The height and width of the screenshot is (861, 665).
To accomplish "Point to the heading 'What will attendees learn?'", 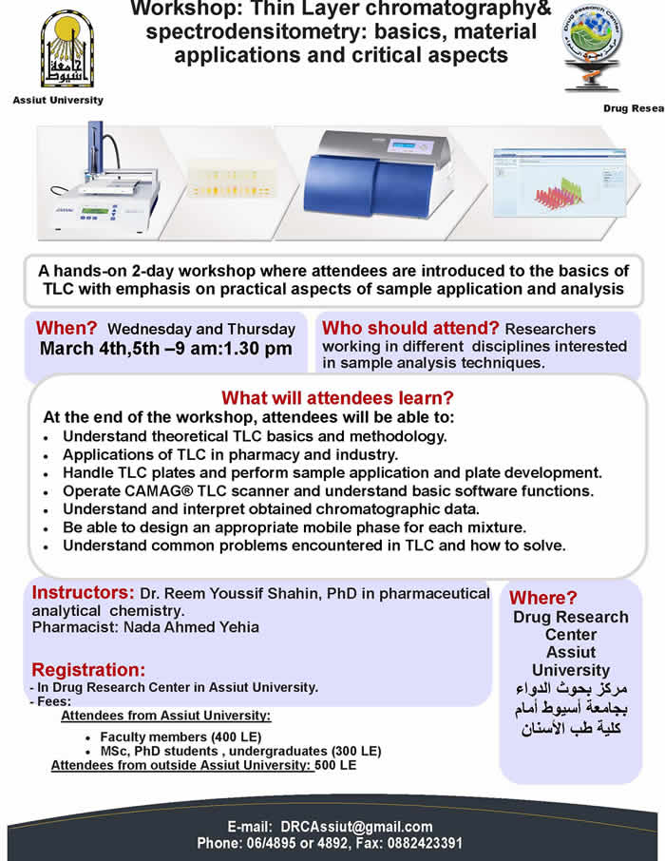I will (337, 398).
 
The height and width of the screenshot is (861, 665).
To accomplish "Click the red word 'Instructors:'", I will (84, 594).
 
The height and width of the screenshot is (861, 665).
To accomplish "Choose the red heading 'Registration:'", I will (88, 668).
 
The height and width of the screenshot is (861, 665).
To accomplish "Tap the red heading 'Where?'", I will (542, 598).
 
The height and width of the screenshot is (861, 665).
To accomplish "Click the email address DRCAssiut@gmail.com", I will (356, 827).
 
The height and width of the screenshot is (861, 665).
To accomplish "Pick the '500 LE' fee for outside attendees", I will (336, 765).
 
